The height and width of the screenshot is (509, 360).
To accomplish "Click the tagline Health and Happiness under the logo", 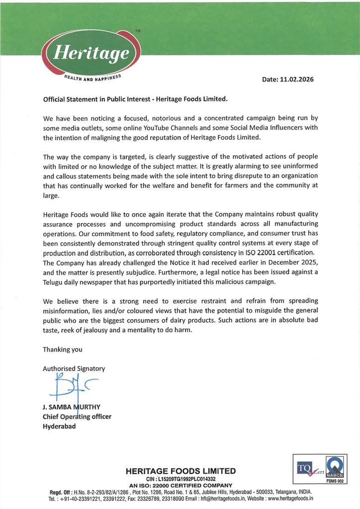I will [92, 79].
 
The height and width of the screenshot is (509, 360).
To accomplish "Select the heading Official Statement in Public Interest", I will [135, 98].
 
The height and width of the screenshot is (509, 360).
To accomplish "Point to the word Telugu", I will [55, 281].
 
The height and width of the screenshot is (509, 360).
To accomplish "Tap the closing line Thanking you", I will [63, 349].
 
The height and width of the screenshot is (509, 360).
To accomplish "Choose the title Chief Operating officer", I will [77, 417].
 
